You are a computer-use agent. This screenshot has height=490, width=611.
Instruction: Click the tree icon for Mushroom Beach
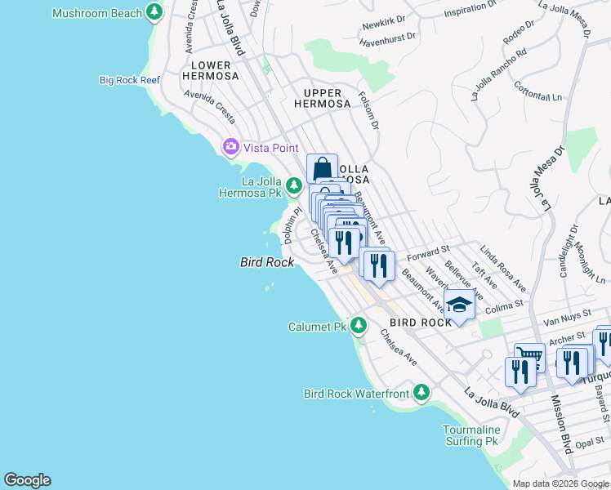[x=154, y=12]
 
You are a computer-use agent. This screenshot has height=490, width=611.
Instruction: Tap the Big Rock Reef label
[x=129, y=80]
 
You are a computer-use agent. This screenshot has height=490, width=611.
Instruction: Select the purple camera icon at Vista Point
[x=230, y=147]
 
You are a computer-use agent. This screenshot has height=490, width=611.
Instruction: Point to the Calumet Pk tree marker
[x=358, y=327]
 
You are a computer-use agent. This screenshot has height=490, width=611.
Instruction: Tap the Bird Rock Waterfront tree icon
[x=421, y=394]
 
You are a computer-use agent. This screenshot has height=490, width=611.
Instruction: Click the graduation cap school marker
[x=460, y=305]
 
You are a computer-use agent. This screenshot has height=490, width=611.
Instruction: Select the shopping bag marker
[x=323, y=168]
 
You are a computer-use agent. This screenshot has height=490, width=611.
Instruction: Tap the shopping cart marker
[x=529, y=355]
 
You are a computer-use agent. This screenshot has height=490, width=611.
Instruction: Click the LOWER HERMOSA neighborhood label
[x=216, y=70]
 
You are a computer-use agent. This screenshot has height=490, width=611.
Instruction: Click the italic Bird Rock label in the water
[x=266, y=262]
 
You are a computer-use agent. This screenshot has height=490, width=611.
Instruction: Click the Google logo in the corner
[x=27, y=480]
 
